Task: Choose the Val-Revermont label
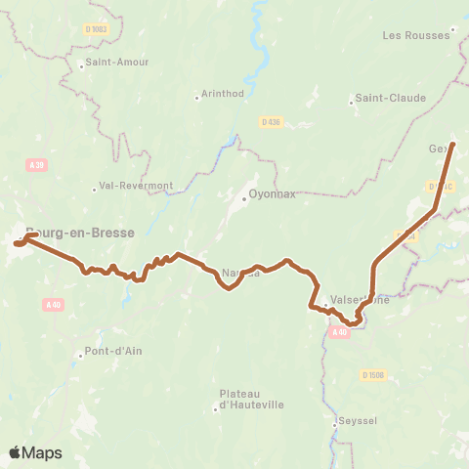136,186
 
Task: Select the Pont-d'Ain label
113,351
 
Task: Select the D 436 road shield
271,121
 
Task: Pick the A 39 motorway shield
37,165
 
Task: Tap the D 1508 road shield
371,374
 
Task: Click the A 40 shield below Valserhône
338,332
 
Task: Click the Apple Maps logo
35,452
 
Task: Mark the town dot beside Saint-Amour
83,63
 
